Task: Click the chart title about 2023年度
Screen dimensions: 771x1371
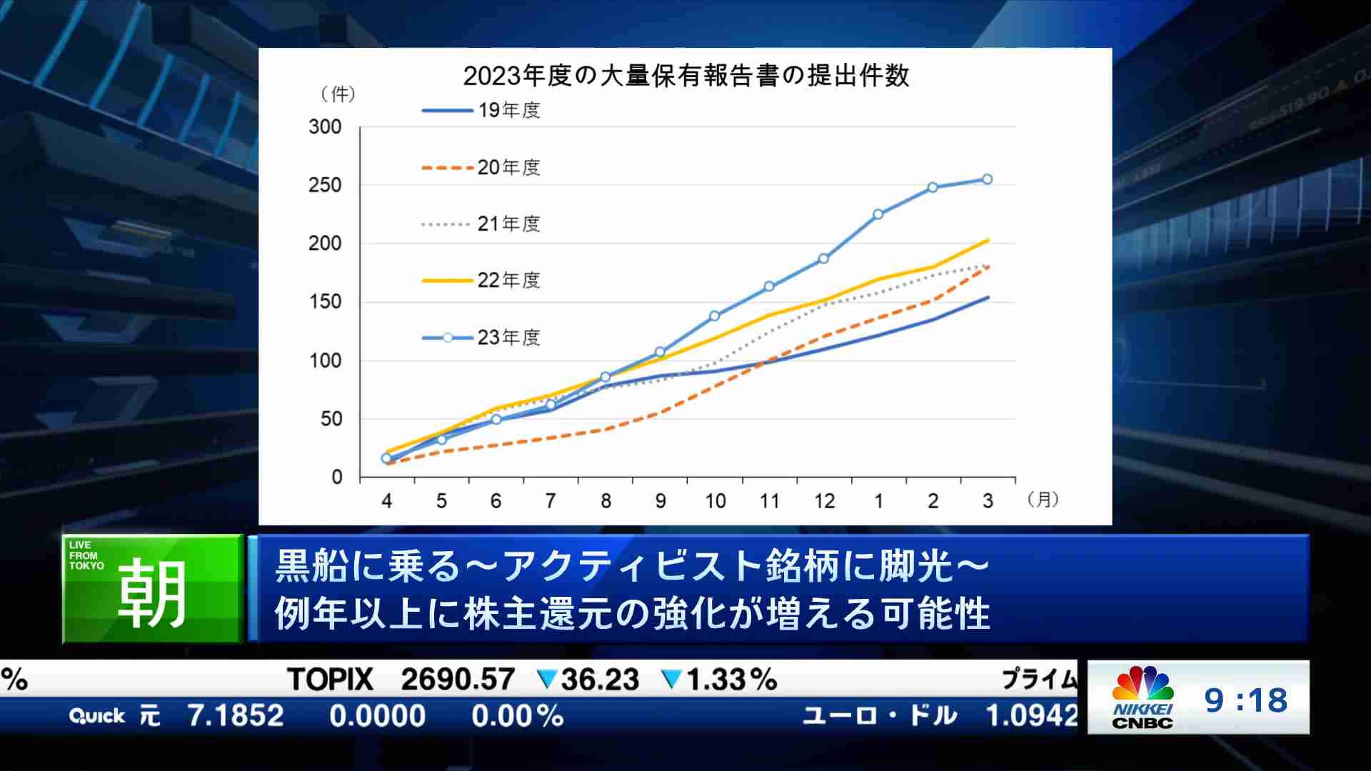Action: pyautogui.click(x=685, y=76)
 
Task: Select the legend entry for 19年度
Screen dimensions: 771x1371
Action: pyautogui.click(x=481, y=111)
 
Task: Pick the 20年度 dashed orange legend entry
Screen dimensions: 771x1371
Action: pyautogui.click(x=481, y=168)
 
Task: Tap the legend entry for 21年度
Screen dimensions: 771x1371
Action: pyautogui.click(x=481, y=224)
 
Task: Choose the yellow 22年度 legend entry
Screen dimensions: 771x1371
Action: pyautogui.click(x=481, y=281)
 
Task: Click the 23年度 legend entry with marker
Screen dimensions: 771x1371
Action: pyautogui.click(x=481, y=338)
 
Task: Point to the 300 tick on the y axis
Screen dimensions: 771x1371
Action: pyautogui.click(x=325, y=127)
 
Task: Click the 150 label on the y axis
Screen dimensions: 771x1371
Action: pyautogui.click(x=325, y=302)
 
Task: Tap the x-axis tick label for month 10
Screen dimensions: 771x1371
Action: pyautogui.click(x=715, y=501)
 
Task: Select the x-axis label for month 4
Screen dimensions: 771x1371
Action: pyautogui.click(x=386, y=501)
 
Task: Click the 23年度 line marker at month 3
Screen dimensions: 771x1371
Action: pyautogui.click(x=988, y=179)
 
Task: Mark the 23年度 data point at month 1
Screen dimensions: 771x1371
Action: pyautogui.click(x=878, y=214)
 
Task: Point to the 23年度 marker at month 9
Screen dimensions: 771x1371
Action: pyautogui.click(x=660, y=352)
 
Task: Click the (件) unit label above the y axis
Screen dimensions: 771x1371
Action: pyautogui.click(x=338, y=94)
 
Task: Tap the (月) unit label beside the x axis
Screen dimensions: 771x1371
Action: pyautogui.click(x=1043, y=499)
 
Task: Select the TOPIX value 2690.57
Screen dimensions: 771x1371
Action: pyautogui.click(x=458, y=680)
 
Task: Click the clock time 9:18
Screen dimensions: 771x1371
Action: pyautogui.click(x=1246, y=700)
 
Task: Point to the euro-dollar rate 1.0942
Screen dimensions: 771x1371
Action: pyautogui.click(x=1031, y=715)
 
